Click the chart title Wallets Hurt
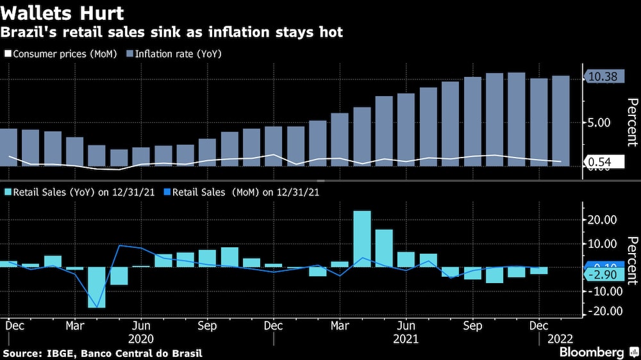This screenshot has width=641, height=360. (x=63, y=12)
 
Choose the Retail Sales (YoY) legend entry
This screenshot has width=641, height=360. (x=81, y=191)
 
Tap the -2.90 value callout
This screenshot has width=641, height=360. (x=601, y=275)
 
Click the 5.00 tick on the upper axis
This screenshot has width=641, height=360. (x=601, y=122)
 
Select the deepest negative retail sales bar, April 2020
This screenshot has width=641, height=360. (x=96, y=287)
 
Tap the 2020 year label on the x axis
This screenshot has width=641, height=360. (x=141, y=338)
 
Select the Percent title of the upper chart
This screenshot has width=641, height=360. (x=631, y=122)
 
